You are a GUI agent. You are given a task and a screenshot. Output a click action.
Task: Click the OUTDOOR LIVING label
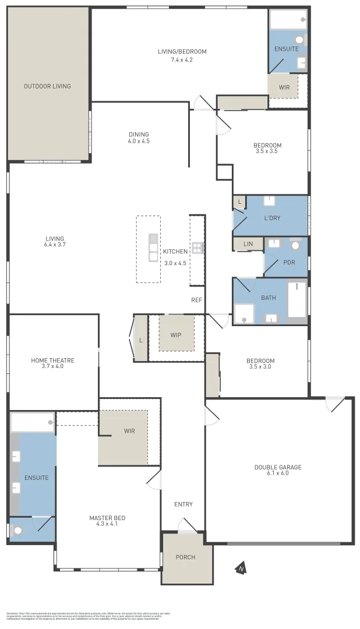pyautogui.click(x=47, y=86)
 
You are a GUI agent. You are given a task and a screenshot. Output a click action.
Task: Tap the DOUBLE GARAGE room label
pyautogui.click(x=278, y=467)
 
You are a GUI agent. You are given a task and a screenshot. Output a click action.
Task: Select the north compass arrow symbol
pyautogui.click(x=239, y=568)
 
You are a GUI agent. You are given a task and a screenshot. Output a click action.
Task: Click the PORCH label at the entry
pyautogui.click(x=185, y=557)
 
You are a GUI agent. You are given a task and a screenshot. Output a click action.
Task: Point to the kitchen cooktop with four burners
pyautogui.click(x=197, y=248)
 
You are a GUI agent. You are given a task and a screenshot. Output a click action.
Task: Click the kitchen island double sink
pyautogui.click(x=153, y=248)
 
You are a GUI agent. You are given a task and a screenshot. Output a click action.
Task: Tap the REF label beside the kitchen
pyautogui.click(x=196, y=300)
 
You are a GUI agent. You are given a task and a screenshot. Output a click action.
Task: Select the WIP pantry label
pyautogui.click(x=177, y=335)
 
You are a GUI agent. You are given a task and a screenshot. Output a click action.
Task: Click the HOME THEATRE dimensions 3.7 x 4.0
pyautogui.click(x=52, y=366)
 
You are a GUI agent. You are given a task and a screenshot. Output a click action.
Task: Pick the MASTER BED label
pyautogui.click(x=107, y=518)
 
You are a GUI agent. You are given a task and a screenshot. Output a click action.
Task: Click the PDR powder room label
pyautogui.click(x=289, y=262)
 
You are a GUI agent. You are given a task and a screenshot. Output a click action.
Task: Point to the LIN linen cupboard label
pyautogui.click(x=248, y=244)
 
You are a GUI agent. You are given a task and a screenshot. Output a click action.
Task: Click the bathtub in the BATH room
pyautogui.click(x=297, y=301)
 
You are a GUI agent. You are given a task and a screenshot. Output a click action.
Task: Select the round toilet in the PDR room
pyautogui.click(x=295, y=246)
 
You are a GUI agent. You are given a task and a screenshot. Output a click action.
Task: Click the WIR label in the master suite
pyautogui.click(x=129, y=431)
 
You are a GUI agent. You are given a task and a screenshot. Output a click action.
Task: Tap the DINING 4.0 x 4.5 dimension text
pyautogui.click(x=139, y=141)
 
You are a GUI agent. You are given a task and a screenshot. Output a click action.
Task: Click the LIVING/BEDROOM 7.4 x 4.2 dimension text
pyautogui.click(x=182, y=59)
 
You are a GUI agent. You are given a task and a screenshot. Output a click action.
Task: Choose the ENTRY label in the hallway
pyautogui.click(x=183, y=504)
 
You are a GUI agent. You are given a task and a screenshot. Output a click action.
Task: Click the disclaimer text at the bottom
pyautogui.click(x=87, y=616)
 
